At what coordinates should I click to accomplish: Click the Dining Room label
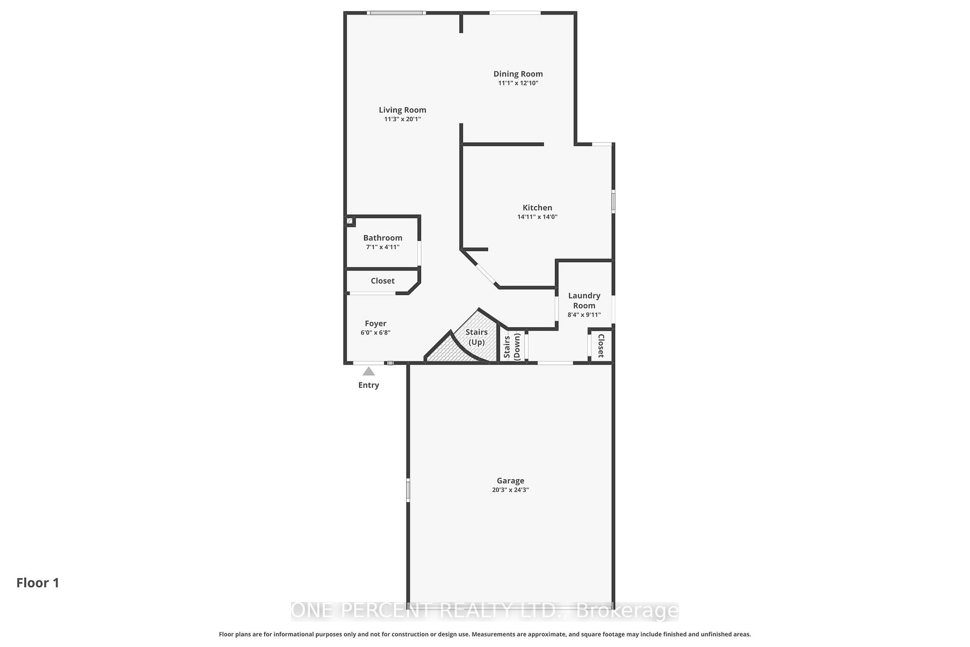pos(518,74)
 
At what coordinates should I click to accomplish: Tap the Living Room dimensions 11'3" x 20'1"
pos(402,119)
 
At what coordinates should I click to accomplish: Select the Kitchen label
pos(537,208)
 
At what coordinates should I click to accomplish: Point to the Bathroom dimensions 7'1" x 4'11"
pos(382,247)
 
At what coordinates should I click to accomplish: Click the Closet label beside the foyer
pos(382,281)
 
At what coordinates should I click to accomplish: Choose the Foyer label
pos(375,323)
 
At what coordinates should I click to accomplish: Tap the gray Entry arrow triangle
pos(369,372)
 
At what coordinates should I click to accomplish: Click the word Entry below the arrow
pos(369,385)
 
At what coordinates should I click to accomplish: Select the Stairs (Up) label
pos(476,337)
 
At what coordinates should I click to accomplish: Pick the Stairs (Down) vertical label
pos(512,346)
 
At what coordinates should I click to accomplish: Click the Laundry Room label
pos(584,300)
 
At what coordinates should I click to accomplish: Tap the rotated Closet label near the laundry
pos(601,346)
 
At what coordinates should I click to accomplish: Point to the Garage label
pos(510,481)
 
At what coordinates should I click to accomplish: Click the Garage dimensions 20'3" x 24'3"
pos(510,490)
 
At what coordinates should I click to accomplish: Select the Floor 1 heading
pos(38,583)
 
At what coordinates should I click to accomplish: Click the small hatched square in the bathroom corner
pos(350,221)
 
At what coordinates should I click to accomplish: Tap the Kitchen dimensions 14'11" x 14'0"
pos(537,217)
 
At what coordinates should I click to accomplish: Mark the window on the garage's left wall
pos(408,490)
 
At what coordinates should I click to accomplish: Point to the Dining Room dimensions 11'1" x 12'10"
pos(518,83)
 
